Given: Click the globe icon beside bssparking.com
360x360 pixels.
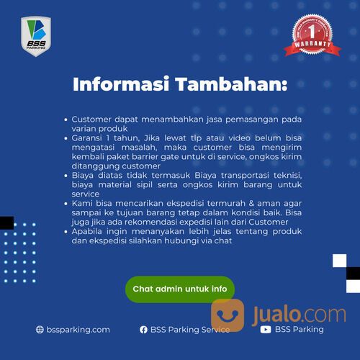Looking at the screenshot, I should (40, 329).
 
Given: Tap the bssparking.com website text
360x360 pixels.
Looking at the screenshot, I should (78, 329).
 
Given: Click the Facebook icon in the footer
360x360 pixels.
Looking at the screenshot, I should (144, 329).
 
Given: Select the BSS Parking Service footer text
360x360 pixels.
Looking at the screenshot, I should (190, 329).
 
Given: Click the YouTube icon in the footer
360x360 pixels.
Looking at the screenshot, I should (266, 329).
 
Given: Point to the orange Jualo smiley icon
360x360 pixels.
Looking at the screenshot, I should (228, 315).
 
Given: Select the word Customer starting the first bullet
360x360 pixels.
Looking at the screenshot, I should (96, 119).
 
